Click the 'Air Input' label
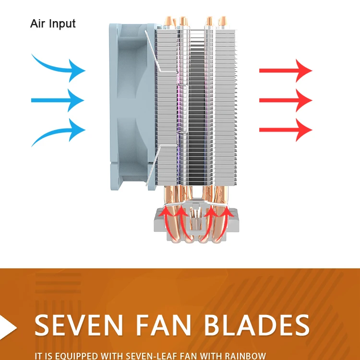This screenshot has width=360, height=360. click(53, 23)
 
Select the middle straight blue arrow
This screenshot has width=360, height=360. click(58, 100)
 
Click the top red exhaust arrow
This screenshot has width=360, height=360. click(286, 71)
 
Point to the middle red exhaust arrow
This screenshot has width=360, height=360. click(286, 100)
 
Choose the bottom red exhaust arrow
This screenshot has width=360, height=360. click(286, 130)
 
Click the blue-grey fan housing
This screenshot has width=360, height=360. click(130, 106)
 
